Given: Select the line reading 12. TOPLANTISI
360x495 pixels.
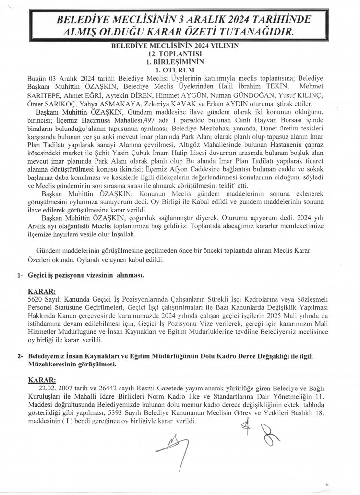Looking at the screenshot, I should [180, 56].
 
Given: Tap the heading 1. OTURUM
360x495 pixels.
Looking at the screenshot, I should [180, 70].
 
